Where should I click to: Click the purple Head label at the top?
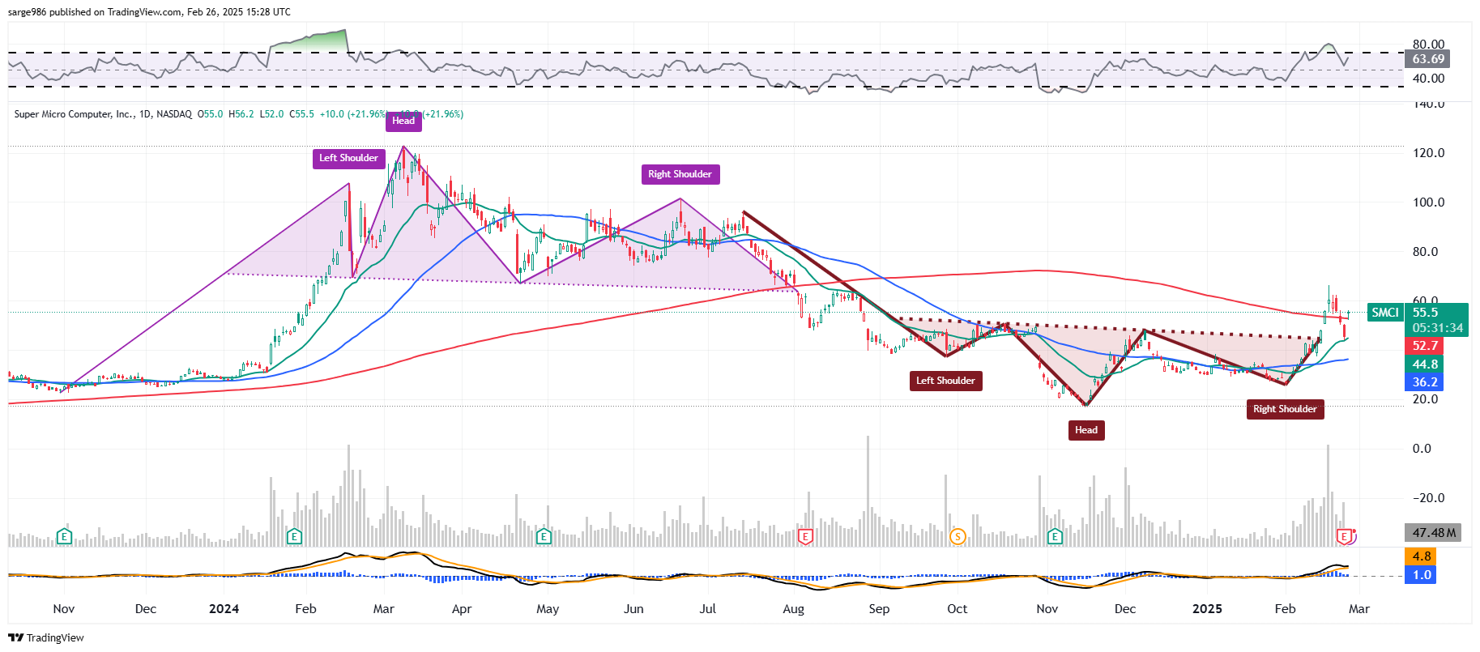tap(403, 121)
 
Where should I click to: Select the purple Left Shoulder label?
tap(348, 158)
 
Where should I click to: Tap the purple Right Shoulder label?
tap(680, 174)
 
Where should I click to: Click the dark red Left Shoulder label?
tap(945, 381)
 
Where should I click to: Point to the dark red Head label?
tap(1086, 430)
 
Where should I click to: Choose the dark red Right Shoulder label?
tap(1285, 409)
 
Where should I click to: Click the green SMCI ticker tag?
tap(1385, 313)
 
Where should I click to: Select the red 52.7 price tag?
tap(1425, 346)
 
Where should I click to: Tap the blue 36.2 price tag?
tap(1425, 382)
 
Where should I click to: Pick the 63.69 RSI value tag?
tap(1428, 59)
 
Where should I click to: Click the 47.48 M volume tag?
tap(1433, 533)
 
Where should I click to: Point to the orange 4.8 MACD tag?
tap(1422, 556)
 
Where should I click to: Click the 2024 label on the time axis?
tap(224, 609)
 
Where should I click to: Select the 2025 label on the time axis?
tap(1207, 609)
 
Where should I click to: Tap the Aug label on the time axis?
tap(794, 609)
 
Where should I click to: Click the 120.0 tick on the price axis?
tap(1429, 153)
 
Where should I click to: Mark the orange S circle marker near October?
tap(958, 536)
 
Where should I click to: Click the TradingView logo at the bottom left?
tap(46, 638)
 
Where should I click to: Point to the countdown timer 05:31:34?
tap(1437, 328)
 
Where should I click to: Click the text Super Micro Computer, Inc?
tap(74, 114)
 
